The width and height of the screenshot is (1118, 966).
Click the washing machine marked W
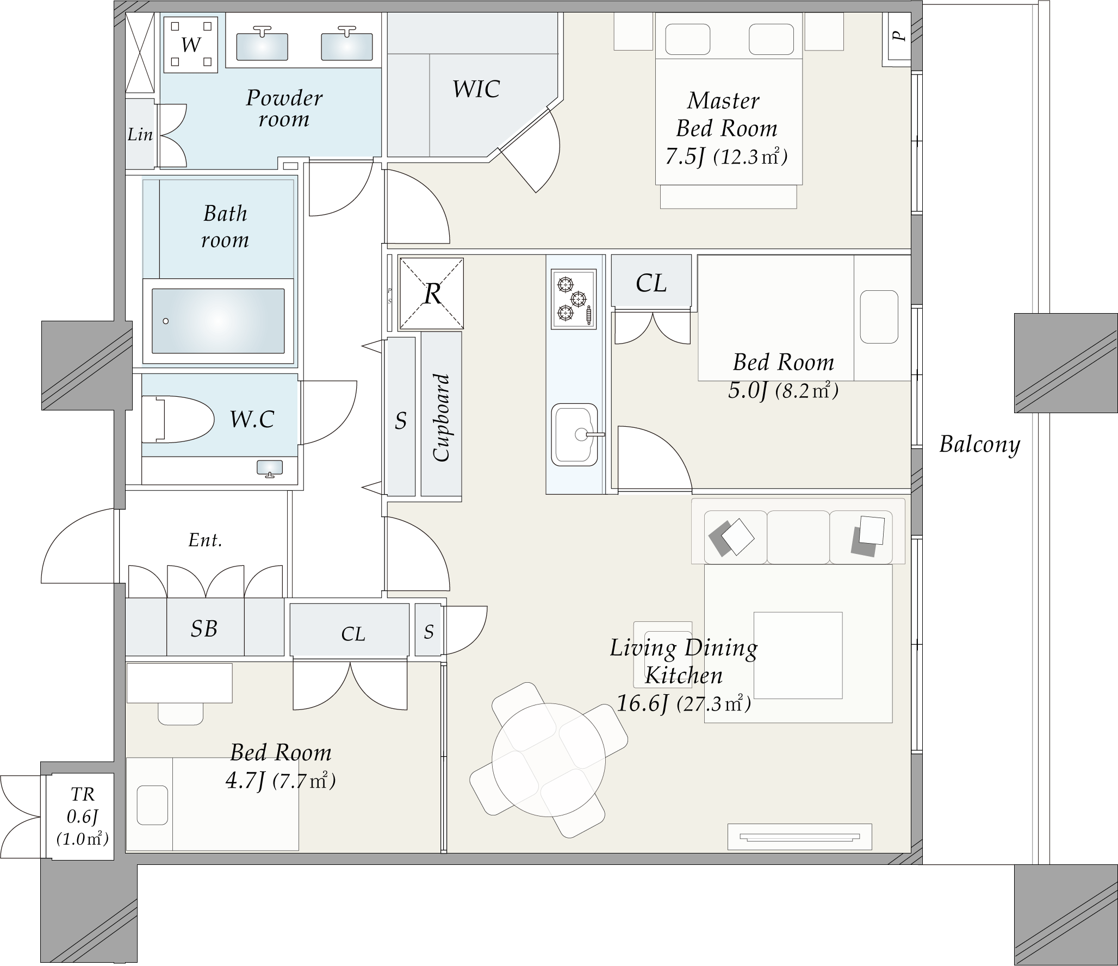tap(191, 44)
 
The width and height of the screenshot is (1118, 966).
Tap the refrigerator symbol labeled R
tap(432, 294)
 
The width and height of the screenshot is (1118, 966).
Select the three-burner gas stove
tap(574, 299)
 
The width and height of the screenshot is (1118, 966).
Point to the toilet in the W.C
tap(177, 419)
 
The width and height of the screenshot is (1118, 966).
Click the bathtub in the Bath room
tap(218, 321)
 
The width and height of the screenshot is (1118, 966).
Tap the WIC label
tap(476, 89)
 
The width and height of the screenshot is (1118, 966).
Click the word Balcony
tap(979, 445)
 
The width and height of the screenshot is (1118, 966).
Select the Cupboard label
tap(442, 417)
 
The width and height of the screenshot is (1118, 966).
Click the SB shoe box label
tap(204, 629)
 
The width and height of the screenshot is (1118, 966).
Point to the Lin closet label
tap(140, 134)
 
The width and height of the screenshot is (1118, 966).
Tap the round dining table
tap(549, 760)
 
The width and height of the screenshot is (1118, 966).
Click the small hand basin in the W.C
tap(270, 468)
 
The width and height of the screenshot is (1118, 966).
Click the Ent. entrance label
tap(205, 540)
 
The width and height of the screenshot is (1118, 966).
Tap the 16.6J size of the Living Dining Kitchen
tap(642, 704)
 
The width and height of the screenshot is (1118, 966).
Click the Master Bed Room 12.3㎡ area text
tap(750, 157)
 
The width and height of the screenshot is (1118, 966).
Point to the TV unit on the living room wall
tap(800, 837)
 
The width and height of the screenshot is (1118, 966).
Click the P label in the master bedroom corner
tap(899, 36)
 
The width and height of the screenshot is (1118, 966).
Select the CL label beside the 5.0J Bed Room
tap(651, 283)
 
